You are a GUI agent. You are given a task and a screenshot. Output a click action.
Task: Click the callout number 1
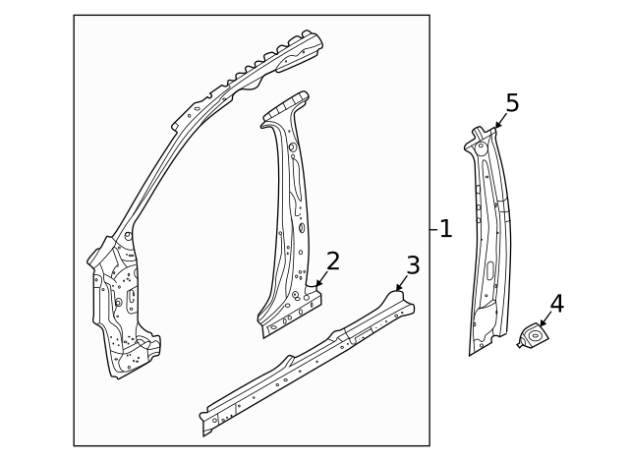pos(445,229)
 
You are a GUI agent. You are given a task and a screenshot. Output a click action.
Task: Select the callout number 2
pos(333,260)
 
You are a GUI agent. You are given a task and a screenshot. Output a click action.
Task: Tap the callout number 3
pos(413,265)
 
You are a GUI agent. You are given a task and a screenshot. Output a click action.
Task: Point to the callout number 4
pos(557,304)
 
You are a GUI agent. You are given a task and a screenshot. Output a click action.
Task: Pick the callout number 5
pos(512,102)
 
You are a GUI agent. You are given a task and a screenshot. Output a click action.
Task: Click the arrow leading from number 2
pos(322,278)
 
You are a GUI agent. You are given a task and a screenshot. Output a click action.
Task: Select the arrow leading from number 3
pos(402,283)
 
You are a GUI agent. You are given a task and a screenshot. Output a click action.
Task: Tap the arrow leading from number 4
pos(545,318)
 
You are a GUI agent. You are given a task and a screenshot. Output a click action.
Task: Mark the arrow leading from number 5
pos(500,121)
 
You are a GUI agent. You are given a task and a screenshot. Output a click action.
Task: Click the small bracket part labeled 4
pos(533,334)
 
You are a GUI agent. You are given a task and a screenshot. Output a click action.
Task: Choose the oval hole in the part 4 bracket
pos(535,335)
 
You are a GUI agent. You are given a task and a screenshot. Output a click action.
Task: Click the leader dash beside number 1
pos(433,229)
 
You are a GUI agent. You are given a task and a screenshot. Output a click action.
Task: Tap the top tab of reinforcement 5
pos(477,132)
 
